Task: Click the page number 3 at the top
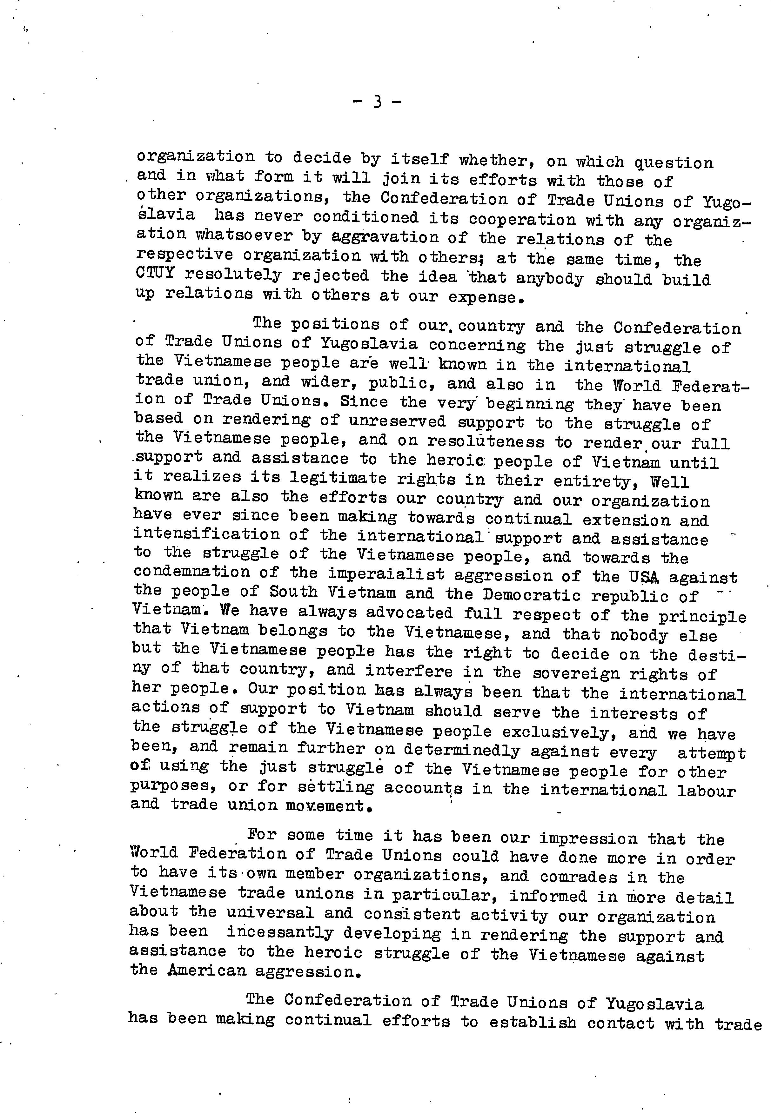(377, 102)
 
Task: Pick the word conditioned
(365, 217)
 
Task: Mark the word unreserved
(397, 421)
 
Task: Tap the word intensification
(206, 534)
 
